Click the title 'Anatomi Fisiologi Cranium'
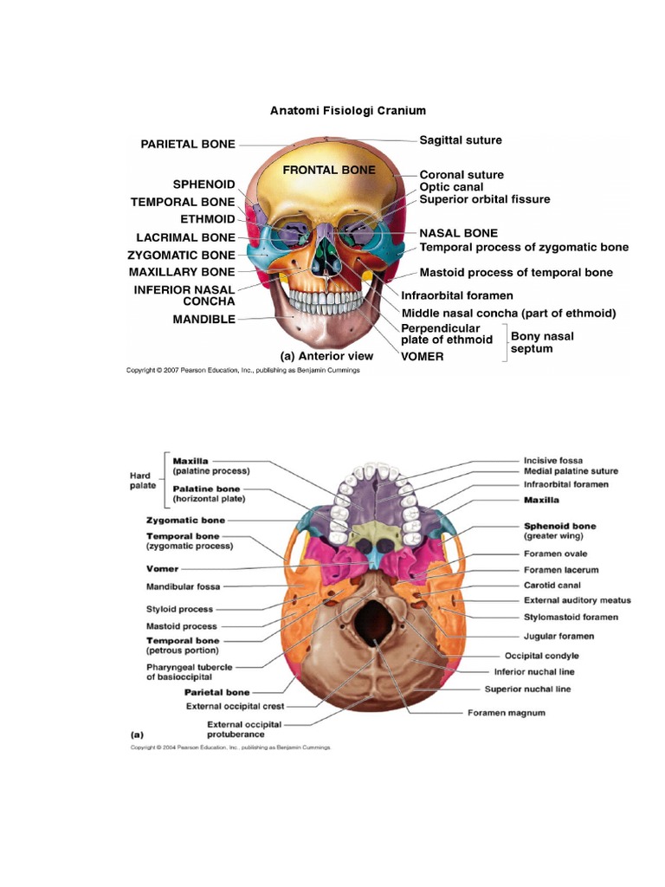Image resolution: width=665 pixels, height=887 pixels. (348, 111)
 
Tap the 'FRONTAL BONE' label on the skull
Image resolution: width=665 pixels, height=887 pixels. (329, 170)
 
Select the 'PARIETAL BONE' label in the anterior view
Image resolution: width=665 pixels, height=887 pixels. (188, 144)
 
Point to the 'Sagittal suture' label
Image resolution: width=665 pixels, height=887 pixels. (461, 139)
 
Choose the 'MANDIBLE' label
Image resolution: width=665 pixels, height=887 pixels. (203, 319)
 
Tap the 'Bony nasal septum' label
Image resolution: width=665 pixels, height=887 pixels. (542, 342)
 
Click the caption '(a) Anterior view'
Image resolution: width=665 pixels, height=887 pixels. (326, 355)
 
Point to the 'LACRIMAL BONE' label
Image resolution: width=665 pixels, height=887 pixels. (185, 236)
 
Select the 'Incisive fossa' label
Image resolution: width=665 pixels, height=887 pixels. (553, 460)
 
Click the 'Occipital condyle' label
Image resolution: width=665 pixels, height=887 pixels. (548, 656)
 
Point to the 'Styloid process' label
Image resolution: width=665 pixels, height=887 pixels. (180, 609)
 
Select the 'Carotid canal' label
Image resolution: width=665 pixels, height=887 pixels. (551, 585)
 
